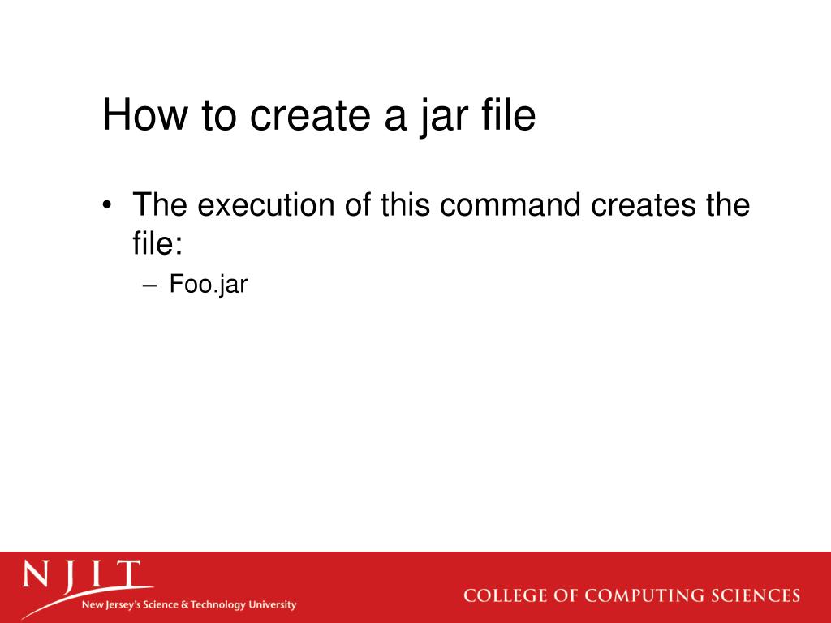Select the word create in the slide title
[306, 115]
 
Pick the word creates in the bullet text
[643, 204]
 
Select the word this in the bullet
[405, 204]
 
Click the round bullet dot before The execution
[108, 206]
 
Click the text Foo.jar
[208, 285]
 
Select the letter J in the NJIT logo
[72, 577]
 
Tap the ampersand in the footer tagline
[185, 604]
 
